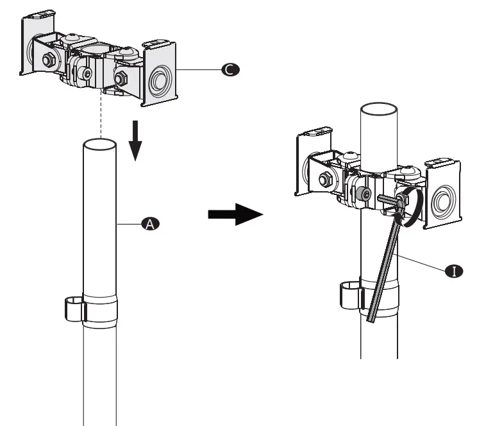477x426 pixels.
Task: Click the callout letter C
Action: (228, 71)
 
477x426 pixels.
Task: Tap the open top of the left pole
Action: (100, 144)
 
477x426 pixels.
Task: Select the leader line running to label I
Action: (423, 263)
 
